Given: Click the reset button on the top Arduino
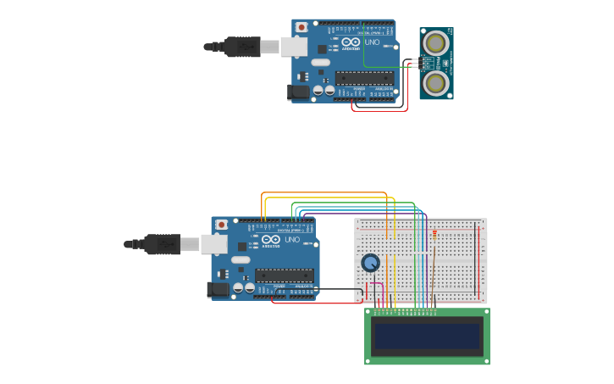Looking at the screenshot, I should tap(301, 27).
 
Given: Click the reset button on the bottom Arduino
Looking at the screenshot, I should tap(221, 225).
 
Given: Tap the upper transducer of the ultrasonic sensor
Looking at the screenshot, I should tap(436, 42).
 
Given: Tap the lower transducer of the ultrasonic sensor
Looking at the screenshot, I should tap(436, 82).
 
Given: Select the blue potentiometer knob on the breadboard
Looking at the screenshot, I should tap(370, 263).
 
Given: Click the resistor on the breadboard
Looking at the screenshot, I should tap(434, 235).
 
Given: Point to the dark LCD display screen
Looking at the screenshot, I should tap(427, 337).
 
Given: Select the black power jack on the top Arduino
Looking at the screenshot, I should tap(298, 92).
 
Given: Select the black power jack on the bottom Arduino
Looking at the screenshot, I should tap(218, 290).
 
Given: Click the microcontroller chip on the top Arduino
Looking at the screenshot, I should tap(364, 78).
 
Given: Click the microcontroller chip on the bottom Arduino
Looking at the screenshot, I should tap(284, 275).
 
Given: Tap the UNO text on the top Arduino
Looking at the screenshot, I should tap(372, 42).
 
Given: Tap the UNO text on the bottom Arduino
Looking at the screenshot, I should tap(292, 240).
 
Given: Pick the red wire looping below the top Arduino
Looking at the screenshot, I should tap(381, 110).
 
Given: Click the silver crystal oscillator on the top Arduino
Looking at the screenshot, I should tap(320, 62).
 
